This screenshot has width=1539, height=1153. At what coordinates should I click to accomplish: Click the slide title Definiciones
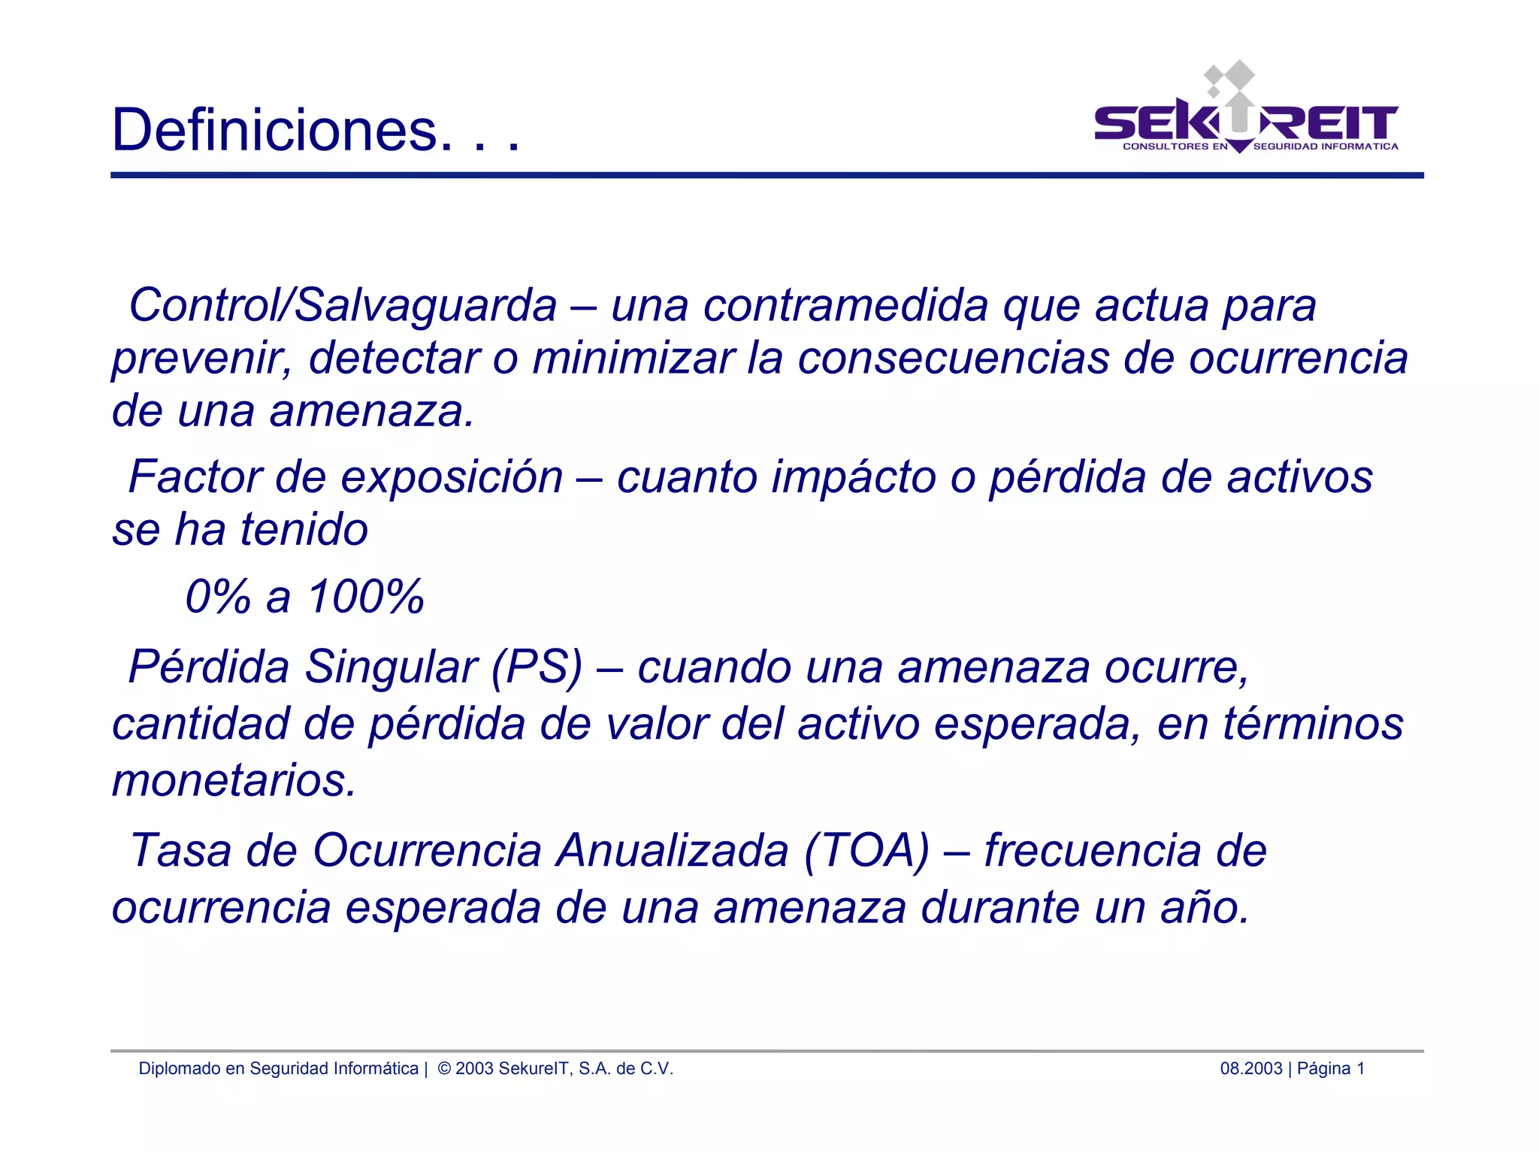(x=315, y=130)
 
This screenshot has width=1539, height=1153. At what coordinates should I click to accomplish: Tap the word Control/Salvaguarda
(x=343, y=305)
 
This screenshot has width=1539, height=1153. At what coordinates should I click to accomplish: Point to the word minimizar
(x=633, y=358)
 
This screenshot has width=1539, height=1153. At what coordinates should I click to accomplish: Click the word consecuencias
(x=953, y=358)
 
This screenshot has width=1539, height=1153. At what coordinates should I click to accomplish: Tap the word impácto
(x=852, y=478)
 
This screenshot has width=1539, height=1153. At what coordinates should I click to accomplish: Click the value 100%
(x=366, y=597)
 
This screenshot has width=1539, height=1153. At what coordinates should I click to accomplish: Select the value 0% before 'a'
(x=218, y=597)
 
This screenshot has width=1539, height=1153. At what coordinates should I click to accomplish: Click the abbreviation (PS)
(x=537, y=667)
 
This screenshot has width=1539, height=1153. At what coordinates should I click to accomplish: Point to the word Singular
(x=391, y=667)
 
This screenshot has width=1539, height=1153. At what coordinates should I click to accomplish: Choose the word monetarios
(x=234, y=780)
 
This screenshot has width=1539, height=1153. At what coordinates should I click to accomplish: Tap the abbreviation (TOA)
(x=866, y=851)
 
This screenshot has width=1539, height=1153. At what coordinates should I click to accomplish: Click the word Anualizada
(x=673, y=851)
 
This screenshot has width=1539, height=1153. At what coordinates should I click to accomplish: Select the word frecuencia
(x=1092, y=851)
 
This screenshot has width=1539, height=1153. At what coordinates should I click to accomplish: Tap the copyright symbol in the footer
(x=443, y=1068)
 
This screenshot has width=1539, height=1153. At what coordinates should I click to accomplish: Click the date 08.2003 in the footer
(x=1250, y=1068)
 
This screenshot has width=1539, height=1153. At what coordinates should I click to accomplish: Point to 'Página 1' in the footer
(x=1330, y=1068)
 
